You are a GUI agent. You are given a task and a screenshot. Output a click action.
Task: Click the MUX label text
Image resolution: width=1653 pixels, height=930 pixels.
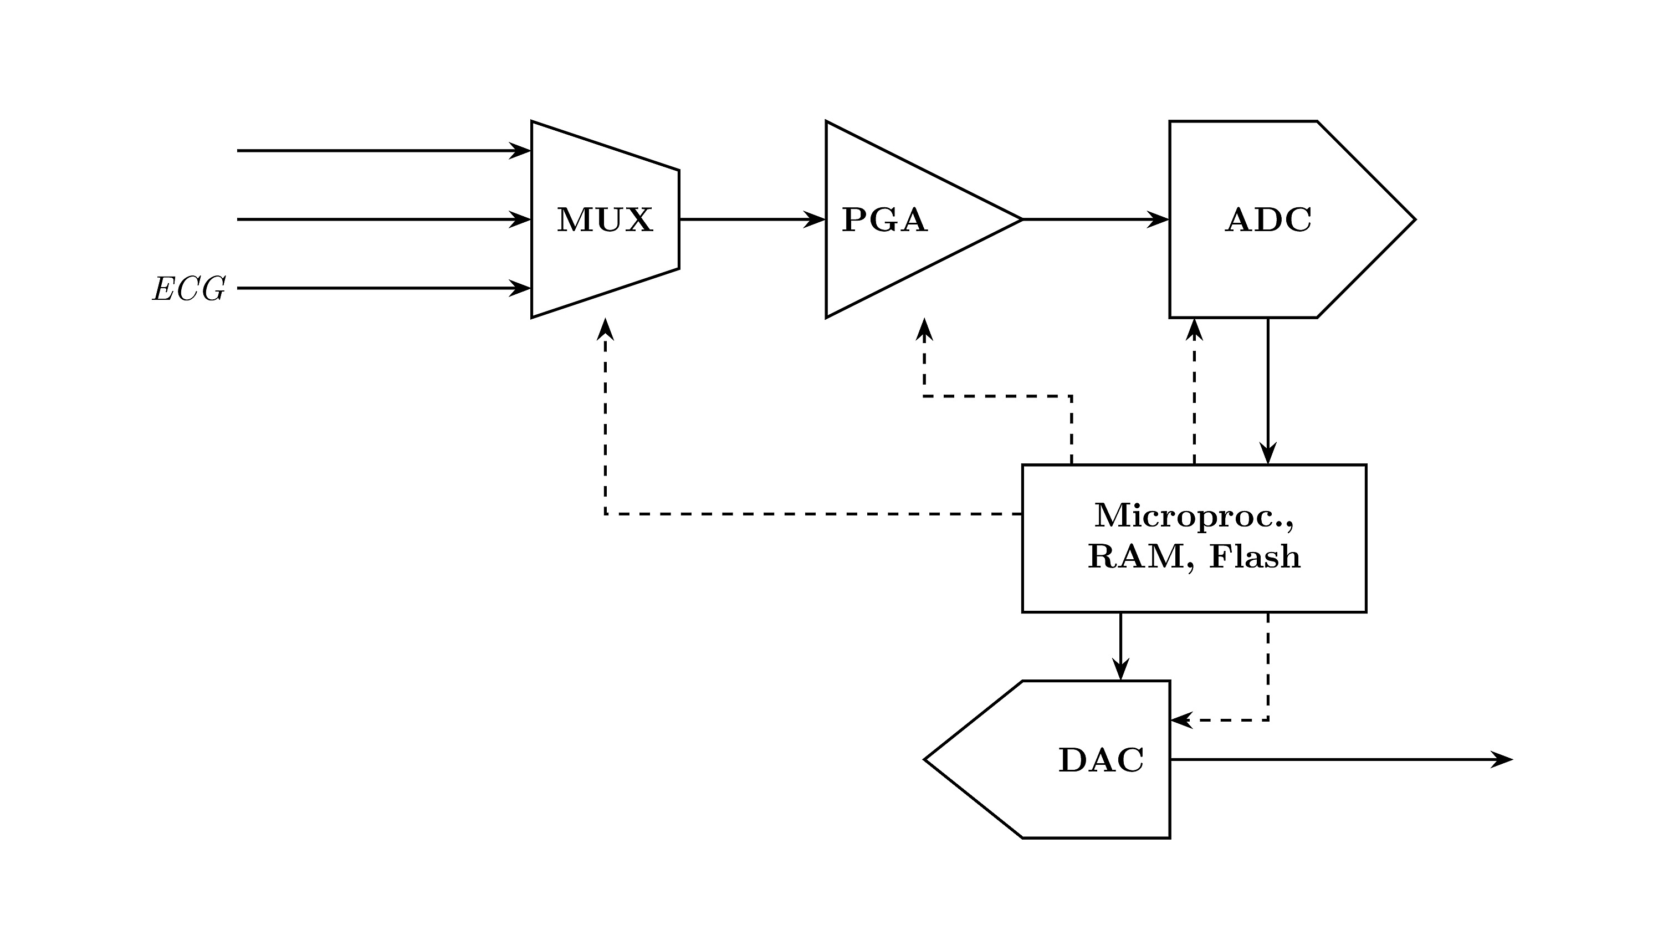pyautogui.click(x=605, y=220)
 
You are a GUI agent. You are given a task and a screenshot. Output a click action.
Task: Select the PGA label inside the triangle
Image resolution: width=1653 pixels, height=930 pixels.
pyautogui.click(x=884, y=220)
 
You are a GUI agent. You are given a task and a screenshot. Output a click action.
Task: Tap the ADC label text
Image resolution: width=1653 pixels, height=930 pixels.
pyautogui.click(x=1268, y=220)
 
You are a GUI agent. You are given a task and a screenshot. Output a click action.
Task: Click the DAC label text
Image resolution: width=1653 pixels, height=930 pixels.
pyautogui.click(x=1101, y=760)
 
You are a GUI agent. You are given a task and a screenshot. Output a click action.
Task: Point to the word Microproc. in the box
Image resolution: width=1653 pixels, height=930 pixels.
pyautogui.click(x=1194, y=515)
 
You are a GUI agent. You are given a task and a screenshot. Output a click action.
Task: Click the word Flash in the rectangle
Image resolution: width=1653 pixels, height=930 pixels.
pyautogui.click(x=1255, y=556)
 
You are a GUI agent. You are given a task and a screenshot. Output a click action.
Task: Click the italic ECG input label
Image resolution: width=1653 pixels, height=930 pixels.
pyautogui.click(x=188, y=289)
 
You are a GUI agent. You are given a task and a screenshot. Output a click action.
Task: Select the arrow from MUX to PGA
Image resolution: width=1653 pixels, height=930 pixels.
pyautogui.click(x=751, y=219)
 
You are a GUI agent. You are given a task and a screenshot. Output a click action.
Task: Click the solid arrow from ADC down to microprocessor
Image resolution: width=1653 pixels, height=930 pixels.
pyautogui.click(x=1268, y=391)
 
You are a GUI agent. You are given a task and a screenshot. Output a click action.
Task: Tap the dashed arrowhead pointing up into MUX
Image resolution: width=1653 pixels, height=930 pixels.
pyautogui.click(x=605, y=329)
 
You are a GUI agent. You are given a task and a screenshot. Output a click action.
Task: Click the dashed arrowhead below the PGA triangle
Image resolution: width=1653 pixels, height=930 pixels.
pyautogui.click(x=924, y=329)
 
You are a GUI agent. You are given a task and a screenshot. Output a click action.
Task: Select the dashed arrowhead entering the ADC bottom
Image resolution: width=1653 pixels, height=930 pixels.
pyautogui.click(x=1194, y=329)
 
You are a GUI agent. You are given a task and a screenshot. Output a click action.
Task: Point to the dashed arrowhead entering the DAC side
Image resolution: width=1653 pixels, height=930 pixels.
pyautogui.click(x=1181, y=720)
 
